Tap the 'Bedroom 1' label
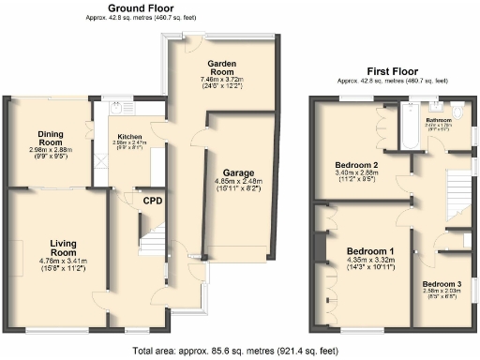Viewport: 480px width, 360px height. pos(371,251)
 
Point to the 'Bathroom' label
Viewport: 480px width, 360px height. pos(439,121)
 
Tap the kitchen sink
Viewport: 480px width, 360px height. pos(120,105)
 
